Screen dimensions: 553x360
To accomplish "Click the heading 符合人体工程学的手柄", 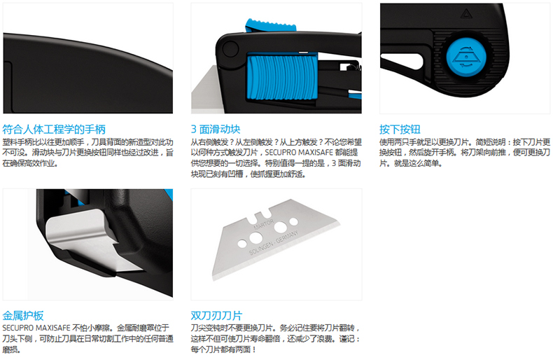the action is tap(54, 130).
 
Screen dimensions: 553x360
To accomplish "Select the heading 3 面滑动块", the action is tap(216, 130).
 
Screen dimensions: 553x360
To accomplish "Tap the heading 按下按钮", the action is tap(400, 130).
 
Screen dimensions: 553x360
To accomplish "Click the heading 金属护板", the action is tap(23, 316).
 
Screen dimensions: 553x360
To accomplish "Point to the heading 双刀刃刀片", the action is tap(216, 316).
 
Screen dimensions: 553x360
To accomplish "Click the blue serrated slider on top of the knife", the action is tap(271, 26).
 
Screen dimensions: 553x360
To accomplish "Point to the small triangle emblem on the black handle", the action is tap(466, 14).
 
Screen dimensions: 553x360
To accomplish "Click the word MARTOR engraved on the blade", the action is tap(263, 225).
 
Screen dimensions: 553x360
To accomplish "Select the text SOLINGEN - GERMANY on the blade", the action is tap(273, 242).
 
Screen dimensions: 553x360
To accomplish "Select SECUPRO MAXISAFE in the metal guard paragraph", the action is tap(36, 328).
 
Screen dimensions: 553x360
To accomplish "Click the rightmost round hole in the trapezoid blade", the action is tap(293, 221).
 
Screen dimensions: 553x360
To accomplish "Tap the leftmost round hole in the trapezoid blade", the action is tap(242, 244).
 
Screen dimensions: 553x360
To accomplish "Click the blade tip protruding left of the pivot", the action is tap(204, 90).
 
